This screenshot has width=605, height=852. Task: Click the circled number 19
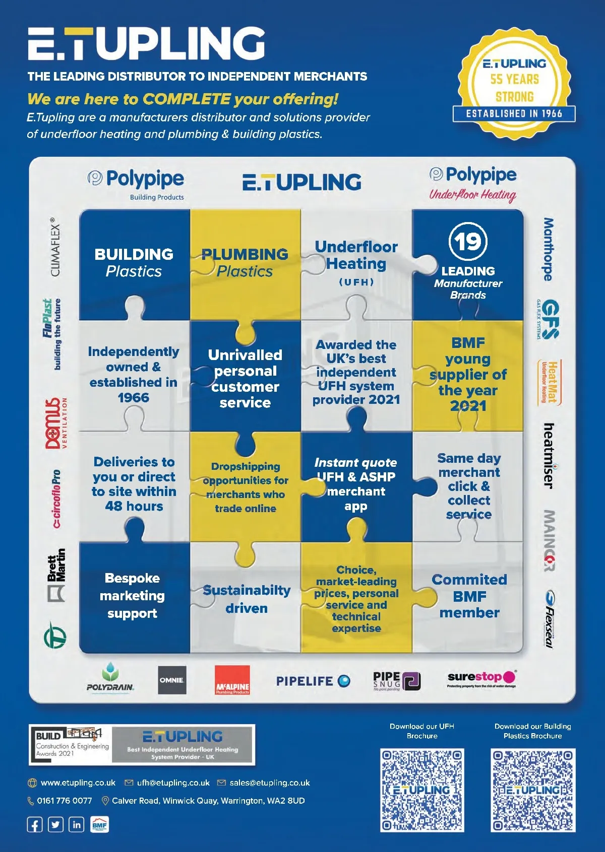(468, 241)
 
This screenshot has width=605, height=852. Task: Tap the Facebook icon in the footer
(35, 825)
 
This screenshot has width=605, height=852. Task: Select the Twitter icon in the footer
(55, 825)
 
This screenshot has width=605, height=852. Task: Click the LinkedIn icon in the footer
(76, 825)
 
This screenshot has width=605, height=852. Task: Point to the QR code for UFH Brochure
(422, 790)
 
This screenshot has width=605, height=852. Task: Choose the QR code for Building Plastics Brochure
(533, 790)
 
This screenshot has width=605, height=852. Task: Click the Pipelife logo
(313, 681)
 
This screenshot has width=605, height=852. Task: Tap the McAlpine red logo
(232, 680)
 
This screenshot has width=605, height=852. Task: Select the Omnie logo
(172, 680)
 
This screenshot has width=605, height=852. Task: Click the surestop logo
(481, 678)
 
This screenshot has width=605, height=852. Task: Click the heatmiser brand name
(549, 456)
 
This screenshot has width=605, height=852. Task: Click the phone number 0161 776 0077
(64, 801)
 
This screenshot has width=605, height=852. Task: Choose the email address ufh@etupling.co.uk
(173, 783)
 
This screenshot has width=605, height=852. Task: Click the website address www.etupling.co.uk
(78, 783)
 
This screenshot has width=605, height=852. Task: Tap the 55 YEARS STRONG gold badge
(514, 83)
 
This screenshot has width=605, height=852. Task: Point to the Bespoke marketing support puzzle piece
(133, 596)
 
